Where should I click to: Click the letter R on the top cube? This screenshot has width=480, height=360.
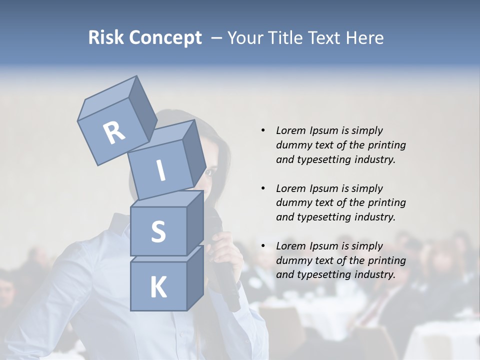[114, 133]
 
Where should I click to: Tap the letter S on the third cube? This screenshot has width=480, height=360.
[158, 231]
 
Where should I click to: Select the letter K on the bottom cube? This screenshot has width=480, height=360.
[158, 287]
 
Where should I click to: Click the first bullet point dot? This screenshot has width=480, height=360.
[263, 130]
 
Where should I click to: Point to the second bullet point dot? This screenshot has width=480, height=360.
[263, 188]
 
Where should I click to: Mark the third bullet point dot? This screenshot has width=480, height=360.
[263, 246]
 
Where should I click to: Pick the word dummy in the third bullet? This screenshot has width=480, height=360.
[292, 260]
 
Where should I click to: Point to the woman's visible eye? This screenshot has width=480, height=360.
[209, 172]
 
